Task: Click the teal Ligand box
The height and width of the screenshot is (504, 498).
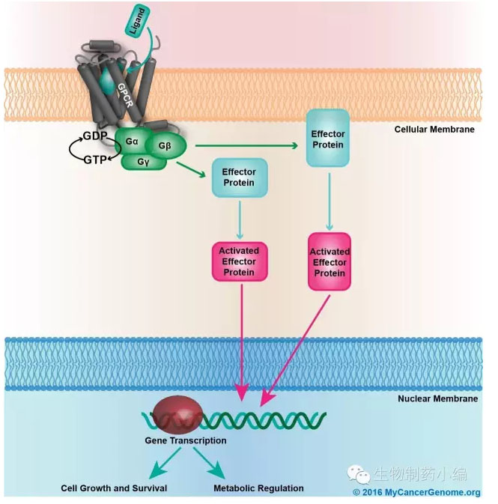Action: [137, 20]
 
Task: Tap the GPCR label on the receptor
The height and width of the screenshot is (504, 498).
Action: [125, 95]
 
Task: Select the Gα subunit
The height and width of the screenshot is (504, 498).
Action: [131, 142]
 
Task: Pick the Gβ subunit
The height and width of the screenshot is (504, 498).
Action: [166, 146]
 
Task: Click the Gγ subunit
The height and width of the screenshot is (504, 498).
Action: [144, 161]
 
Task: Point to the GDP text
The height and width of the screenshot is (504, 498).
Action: [95, 136]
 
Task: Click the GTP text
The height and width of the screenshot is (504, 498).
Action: [95, 160]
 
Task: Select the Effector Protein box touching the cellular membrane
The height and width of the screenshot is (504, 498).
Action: [328, 138]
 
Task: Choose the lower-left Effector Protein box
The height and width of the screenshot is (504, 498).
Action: [240, 177]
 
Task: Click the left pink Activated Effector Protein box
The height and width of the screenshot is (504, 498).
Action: [240, 261]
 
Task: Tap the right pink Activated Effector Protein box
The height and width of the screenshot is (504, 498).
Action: [330, 262]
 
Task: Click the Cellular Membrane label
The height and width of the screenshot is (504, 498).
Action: [434, 130]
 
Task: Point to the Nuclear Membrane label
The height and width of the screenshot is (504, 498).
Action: [437, 398]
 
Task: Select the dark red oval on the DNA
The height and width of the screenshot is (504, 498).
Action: [177, 415]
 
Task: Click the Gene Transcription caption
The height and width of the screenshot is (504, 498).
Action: [186, 440]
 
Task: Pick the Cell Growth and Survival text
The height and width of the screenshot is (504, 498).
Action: [114, 488]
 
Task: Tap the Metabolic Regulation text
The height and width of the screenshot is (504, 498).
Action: [258, 488]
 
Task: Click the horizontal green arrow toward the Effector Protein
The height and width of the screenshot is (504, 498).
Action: [246, 145]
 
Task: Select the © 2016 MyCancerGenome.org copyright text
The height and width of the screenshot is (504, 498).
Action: [416, 493]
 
